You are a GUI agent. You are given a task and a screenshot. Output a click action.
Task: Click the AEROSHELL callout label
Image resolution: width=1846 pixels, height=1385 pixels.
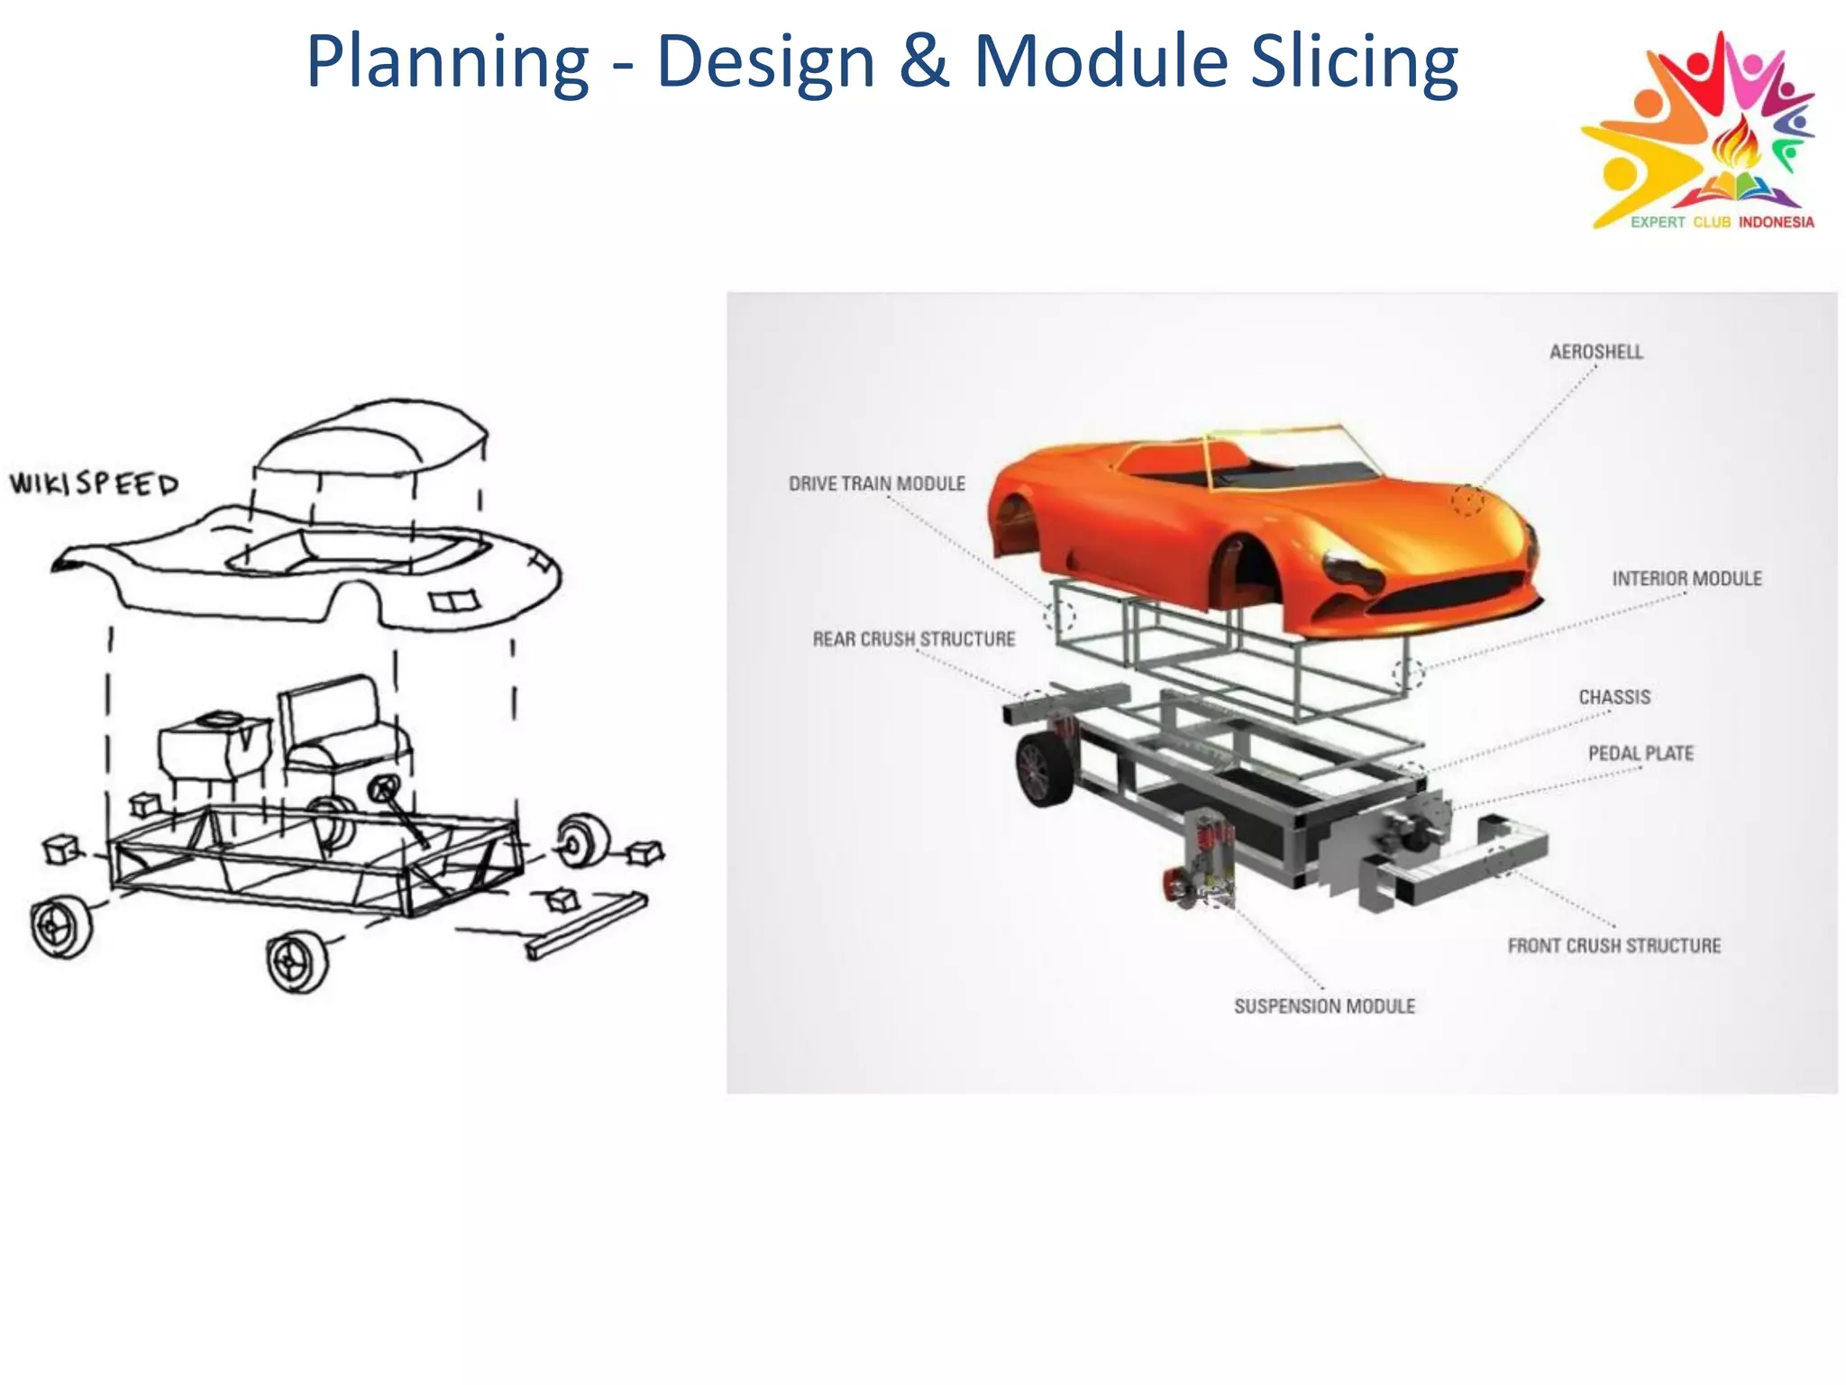(1595, 352)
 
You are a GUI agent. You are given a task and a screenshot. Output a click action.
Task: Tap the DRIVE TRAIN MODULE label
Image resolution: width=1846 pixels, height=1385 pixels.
(876, 484)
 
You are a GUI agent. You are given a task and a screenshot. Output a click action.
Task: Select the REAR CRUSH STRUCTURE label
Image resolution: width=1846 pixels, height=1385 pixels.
(913, 639)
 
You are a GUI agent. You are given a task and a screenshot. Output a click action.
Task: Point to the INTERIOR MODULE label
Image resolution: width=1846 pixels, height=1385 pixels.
(1686, 579)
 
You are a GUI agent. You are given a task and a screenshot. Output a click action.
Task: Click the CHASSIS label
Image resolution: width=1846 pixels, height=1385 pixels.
(1614, 697)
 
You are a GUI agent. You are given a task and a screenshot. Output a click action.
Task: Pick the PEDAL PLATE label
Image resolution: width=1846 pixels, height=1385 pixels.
(1640, 754)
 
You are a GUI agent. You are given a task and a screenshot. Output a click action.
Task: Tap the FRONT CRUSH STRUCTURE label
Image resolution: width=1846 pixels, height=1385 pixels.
(1613, 946)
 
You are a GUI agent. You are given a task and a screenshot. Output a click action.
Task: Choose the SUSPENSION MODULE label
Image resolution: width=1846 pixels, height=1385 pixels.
(1324, 1006)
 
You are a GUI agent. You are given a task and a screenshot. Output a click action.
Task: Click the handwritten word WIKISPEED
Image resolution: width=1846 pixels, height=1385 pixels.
(94, 484)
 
